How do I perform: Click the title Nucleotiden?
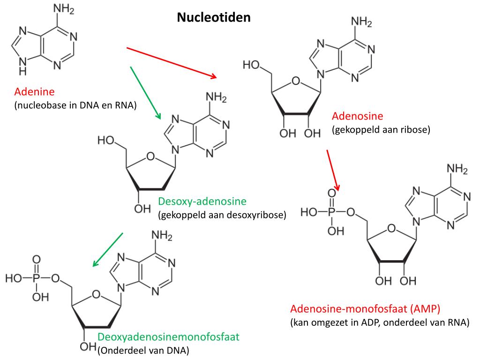[x=214, y=18]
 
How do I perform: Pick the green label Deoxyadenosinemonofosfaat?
[x=169, y=337]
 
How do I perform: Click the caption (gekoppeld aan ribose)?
[x=381, y=130]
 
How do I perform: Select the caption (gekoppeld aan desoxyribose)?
[x=222, y=216]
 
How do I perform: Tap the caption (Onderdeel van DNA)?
[x=143, y=350]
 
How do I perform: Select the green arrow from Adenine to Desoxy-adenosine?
[x=145, y=92]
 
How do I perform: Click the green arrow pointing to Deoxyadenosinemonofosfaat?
[x=108, y=249]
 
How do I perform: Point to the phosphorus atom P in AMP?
[x=332, y=213]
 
